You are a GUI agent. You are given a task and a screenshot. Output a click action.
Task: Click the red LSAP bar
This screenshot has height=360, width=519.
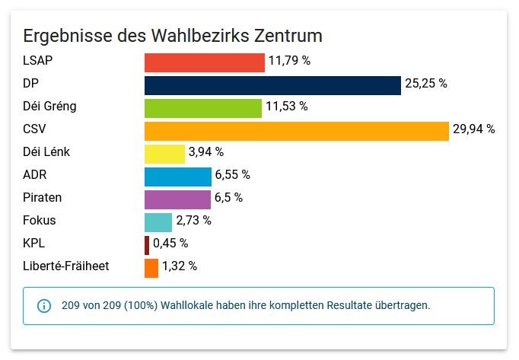[x=204, y=62]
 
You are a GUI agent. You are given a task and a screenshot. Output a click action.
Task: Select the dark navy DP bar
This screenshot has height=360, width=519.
[x=272, y=85]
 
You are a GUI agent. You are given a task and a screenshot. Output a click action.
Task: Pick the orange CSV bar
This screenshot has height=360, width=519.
[x=297, y=131]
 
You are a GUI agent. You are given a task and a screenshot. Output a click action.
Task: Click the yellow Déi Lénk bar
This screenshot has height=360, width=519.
[x=164, y=154]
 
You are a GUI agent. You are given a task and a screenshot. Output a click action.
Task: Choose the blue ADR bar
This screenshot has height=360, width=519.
[x=178, y=177]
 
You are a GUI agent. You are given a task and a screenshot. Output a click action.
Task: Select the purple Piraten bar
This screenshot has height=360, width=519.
[x=177, y=199]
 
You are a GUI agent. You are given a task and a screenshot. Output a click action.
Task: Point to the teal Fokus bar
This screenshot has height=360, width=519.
[x=158, y=222]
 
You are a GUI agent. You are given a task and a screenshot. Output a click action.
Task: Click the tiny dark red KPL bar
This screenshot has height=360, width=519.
[x=147, y=245]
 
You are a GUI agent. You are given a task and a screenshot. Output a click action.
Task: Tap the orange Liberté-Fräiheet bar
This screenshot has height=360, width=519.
[x=151, y=268]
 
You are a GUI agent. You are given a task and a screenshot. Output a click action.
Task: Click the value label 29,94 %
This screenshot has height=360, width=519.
[x=473, y=129]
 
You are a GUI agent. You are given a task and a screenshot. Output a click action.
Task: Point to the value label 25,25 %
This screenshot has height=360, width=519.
[x=425, y=84]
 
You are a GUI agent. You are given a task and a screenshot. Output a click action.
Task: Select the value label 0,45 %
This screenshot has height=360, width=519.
[x=170, y=244]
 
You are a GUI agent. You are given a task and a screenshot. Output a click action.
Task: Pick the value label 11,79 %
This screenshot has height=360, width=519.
[x=289, y=61]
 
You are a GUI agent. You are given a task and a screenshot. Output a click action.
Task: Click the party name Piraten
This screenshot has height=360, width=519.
[x=43, y=198]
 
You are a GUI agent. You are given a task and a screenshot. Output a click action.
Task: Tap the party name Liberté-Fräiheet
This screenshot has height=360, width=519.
[x=66, y=266]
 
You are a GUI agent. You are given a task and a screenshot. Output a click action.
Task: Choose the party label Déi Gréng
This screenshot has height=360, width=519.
[x=50, y=107]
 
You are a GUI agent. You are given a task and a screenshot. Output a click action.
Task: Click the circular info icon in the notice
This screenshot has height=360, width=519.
[x=44, y=306]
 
